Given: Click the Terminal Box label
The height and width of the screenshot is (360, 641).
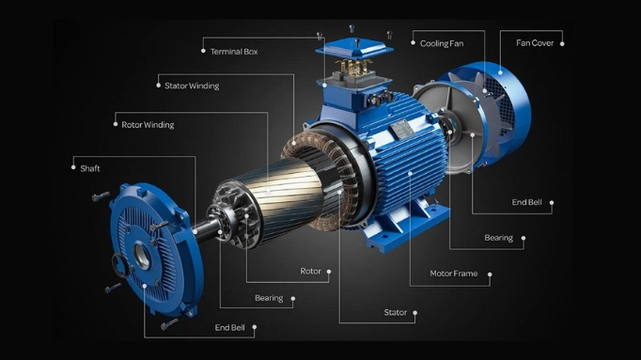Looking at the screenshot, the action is [234, 52].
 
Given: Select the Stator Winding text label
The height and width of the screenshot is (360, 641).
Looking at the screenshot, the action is [192, 86].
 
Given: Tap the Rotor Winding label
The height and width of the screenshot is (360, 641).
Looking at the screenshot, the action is [148, 125].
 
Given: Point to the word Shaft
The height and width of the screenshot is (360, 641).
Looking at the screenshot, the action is [90, 168].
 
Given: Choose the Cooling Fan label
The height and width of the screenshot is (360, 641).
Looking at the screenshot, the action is [442, 43].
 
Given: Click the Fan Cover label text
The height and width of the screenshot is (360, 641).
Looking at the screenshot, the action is [535, 43].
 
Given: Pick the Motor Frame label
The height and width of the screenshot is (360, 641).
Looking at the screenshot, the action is [453, 274].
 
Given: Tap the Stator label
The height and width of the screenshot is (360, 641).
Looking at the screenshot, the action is [396, 313].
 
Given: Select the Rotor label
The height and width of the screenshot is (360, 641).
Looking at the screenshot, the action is [311, 271].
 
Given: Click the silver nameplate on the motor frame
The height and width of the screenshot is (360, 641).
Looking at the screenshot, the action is [400, 129].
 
